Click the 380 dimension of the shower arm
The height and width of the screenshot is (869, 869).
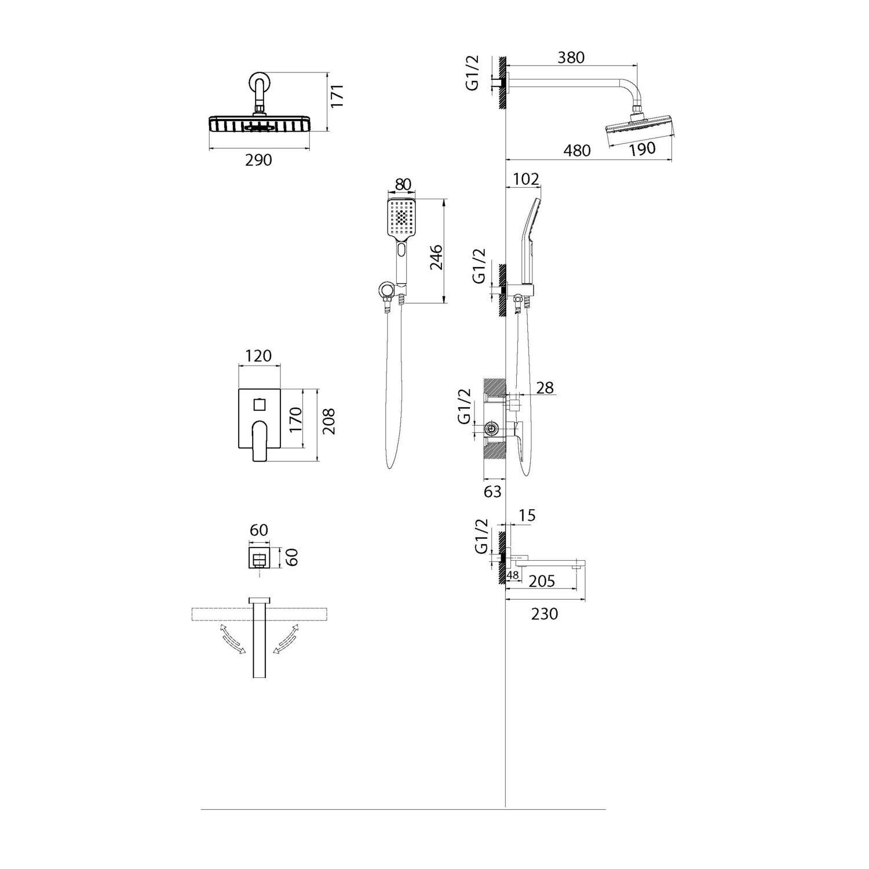571,58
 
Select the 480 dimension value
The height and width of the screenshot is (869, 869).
577,151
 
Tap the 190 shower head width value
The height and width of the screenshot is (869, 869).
642,149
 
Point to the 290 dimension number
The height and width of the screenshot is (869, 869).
258,160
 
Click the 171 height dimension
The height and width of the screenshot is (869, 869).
338,96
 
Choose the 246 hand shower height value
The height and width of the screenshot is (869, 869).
436,257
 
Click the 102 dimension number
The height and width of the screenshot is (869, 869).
526,179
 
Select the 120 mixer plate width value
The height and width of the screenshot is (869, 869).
258,356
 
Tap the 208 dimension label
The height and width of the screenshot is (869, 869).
328,422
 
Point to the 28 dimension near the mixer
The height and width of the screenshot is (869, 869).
545,388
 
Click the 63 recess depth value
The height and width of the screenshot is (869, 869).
492,491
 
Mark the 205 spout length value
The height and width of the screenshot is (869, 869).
542,581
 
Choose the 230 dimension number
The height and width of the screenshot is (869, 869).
544,614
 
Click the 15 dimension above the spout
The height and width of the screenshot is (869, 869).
527,515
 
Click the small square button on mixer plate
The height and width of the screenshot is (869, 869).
260,403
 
